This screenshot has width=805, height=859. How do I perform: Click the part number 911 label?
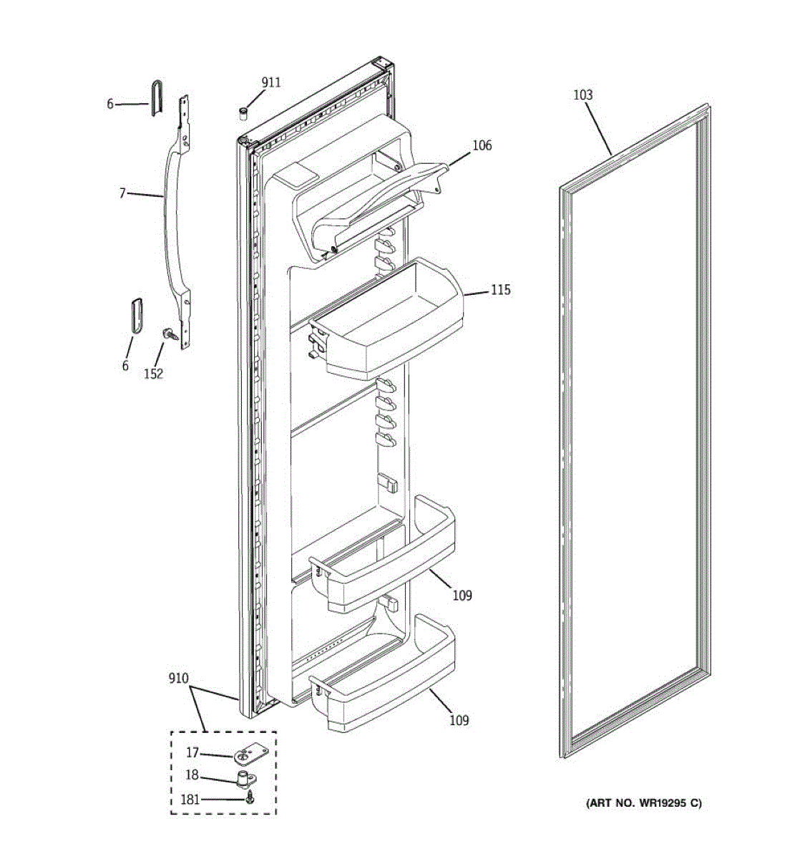pos(270,82)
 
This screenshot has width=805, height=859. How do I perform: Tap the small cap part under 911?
pos(243,112)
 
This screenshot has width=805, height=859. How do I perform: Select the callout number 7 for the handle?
pos(122,193)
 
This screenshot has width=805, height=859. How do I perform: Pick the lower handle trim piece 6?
pos(135,316)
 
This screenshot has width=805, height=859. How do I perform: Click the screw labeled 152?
pos(170,334)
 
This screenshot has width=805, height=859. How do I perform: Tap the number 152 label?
pos(153,373)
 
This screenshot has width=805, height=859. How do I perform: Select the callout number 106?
pos(482,145)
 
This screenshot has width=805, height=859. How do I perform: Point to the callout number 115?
pos(500,290)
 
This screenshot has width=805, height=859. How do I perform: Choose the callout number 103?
pos(583,94)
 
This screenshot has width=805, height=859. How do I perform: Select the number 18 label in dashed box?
pos(192,776)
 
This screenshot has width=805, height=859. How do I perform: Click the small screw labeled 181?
pos(249,798)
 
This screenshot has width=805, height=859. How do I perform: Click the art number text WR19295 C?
pos(644,803)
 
